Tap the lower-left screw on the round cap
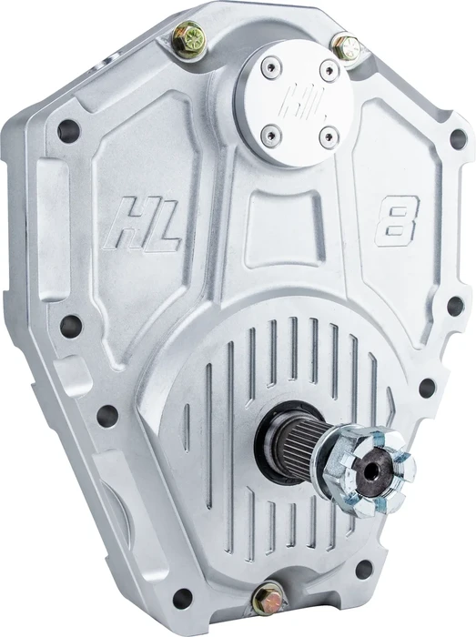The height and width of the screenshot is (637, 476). [x=268, y=136]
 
